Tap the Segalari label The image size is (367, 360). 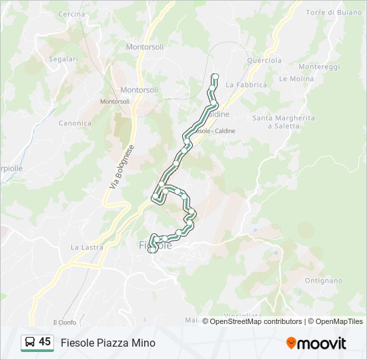pyautogui.click(x=63, y=59)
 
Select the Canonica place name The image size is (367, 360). pyautogui.click(x=75, y=123)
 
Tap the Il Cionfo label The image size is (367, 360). pyautogui.click(x=65, y=323)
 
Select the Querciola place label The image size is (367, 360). pyautogui.click(x=264, y=59)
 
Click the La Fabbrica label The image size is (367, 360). pyautogui.click(x=246, y=85)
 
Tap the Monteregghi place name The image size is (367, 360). pyautogui.click(x=319, y=67)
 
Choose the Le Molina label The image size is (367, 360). pyautogui.click(x=296, y=79)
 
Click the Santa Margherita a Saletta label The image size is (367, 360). pyautogui.click(x=283, y=122)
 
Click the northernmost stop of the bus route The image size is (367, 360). pyautogui.click(x=215, y=77)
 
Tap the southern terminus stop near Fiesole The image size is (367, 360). pyautogui.click(x=152, y=250)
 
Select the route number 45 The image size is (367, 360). pyautogui.click(x=45, y=342)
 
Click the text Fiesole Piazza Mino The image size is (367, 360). pyautogui.click(x=108, y=343)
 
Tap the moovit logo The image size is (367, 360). pyautogui.click(x=316, y=343)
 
